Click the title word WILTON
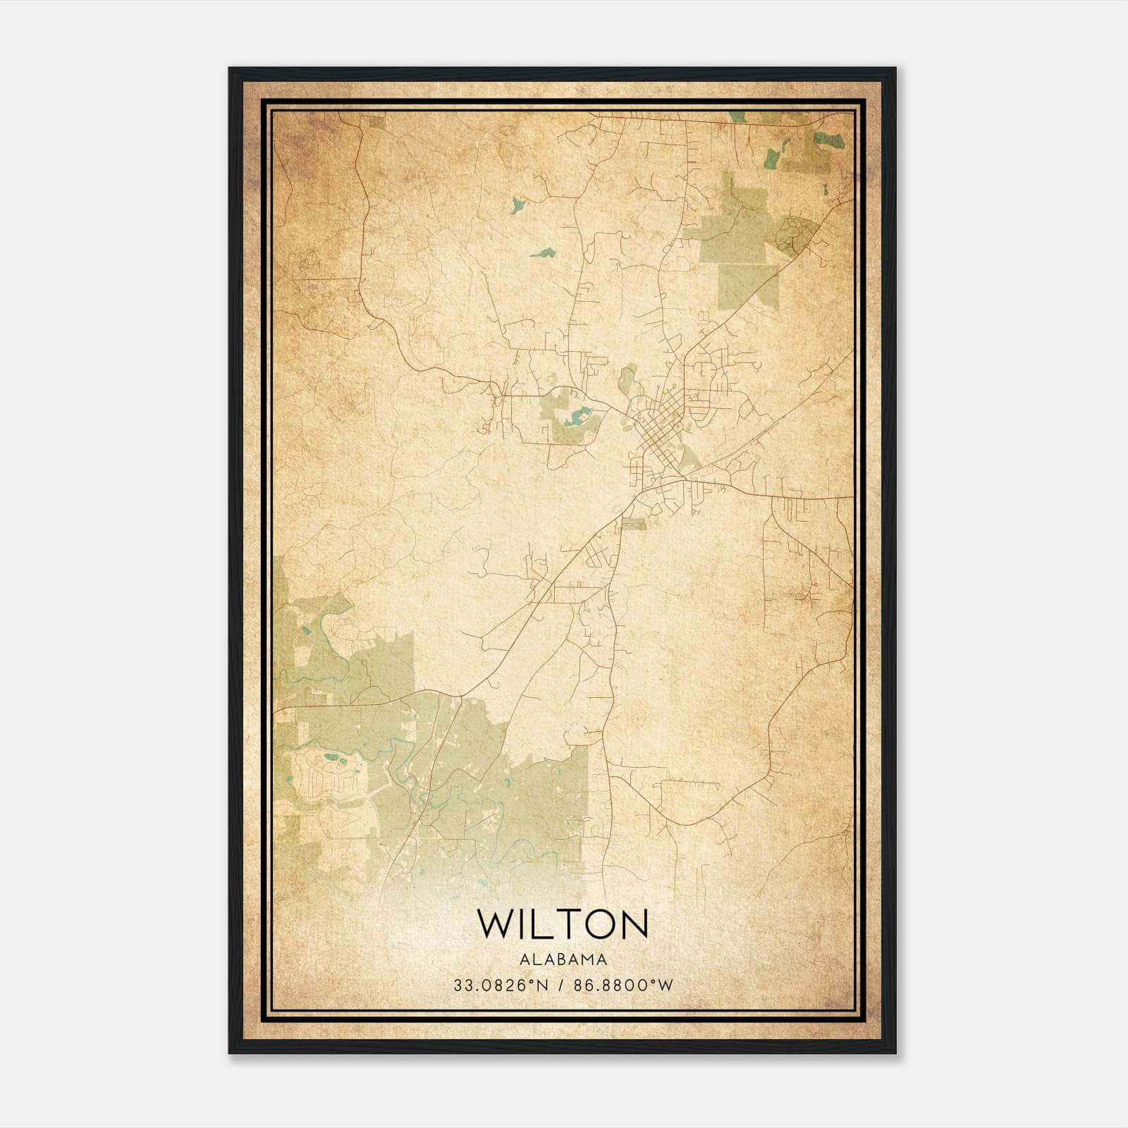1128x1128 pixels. pyautogui.click(x=563, y=924)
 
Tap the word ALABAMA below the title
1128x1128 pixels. pyautogui.click(x=563, y=960)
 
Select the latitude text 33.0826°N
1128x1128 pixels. pyautogui.click(x=500, y=986)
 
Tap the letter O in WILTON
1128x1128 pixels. pyautogui.click(x=599, y=924)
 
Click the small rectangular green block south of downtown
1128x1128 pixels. pyautogui.click(x=633, y=523)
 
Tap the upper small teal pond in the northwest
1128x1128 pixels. pyautogui.click(x=517, y=205)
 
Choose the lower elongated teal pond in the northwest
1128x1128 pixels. pyautogui.click(x=542, y=252)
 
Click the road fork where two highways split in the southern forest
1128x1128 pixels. pyautogui.click(x=460, y=697)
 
